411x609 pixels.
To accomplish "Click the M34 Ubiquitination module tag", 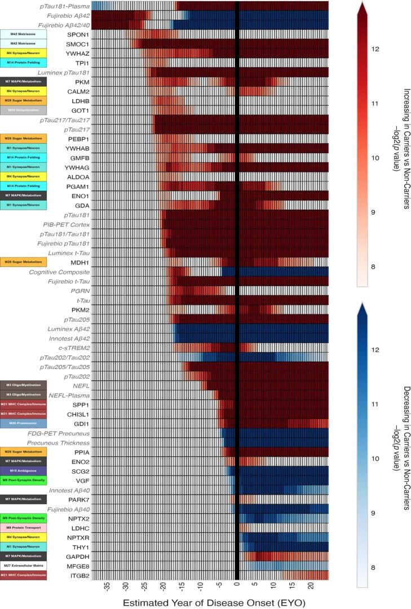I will coord(23,110).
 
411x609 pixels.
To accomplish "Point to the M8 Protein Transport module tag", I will coord(23,528).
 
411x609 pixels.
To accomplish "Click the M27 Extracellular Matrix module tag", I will coord(23,566).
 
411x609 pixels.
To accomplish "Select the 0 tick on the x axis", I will coord(237,586).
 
